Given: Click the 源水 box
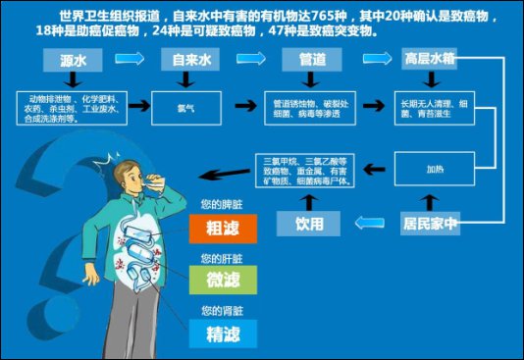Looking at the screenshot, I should click(x=71, y=60).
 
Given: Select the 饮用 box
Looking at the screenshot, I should click(x=311, y=223).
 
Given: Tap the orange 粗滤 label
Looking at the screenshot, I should click(x=223, y=229).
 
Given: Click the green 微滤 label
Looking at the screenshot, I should click(x=223, y=280).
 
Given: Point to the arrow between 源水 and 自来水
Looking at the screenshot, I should click(x=130, y=59).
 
